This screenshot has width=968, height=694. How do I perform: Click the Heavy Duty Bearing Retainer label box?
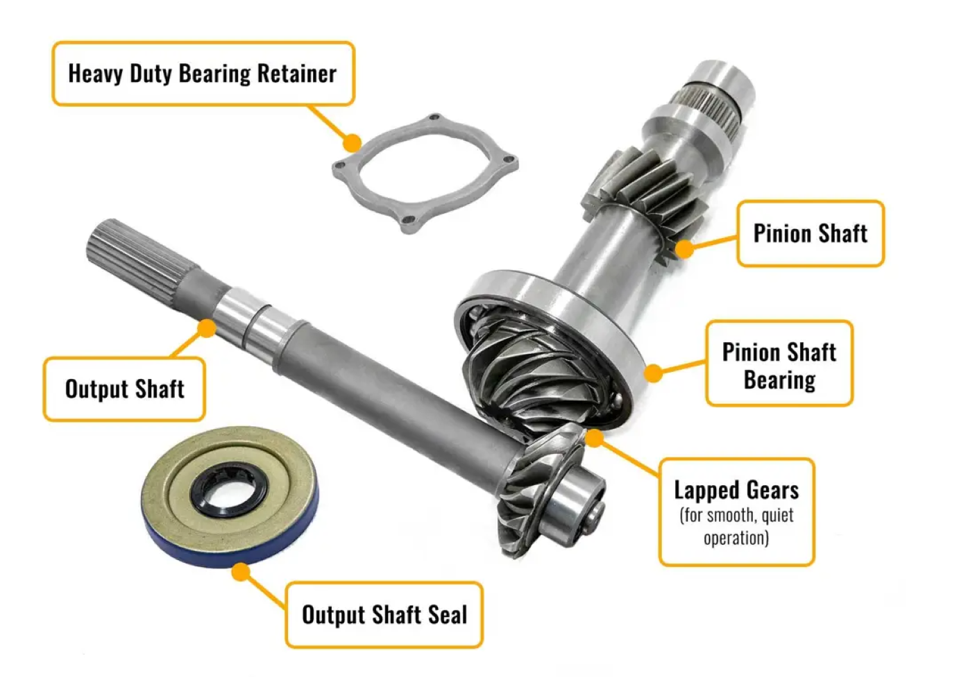(x=203, y=74)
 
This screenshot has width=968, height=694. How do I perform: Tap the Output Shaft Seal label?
(x=384, y=615)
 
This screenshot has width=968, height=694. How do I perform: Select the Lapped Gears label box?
(x=736, y=511)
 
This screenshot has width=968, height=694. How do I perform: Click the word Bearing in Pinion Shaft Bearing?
(x=779, y=380)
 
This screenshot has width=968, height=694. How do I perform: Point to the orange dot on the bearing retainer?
(x=353, y=143)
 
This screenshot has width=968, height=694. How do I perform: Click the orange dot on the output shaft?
(x=207, y=328)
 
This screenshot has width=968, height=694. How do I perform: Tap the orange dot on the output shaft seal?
(x=241, y=573)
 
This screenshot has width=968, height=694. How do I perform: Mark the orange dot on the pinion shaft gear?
(x=684, y=248)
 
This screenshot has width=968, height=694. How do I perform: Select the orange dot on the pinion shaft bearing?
(x=653, y=373)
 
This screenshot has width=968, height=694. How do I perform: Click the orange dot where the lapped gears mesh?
(x=594, y=438)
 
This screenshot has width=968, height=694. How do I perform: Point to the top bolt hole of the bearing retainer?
(x=435, y=118)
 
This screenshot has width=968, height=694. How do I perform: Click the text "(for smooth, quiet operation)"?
(x=736, y=527)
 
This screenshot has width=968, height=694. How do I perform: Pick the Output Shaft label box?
(x=124, y=389)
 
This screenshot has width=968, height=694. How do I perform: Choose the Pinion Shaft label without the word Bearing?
(x=810, y=234)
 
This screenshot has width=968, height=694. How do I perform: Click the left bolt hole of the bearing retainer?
(x=340, y=167)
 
